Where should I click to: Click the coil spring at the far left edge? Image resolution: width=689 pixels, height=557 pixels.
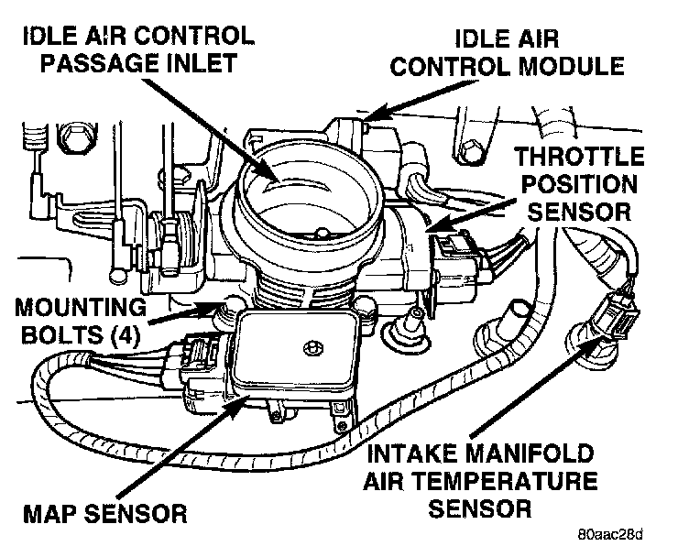click(x=34, y=137)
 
